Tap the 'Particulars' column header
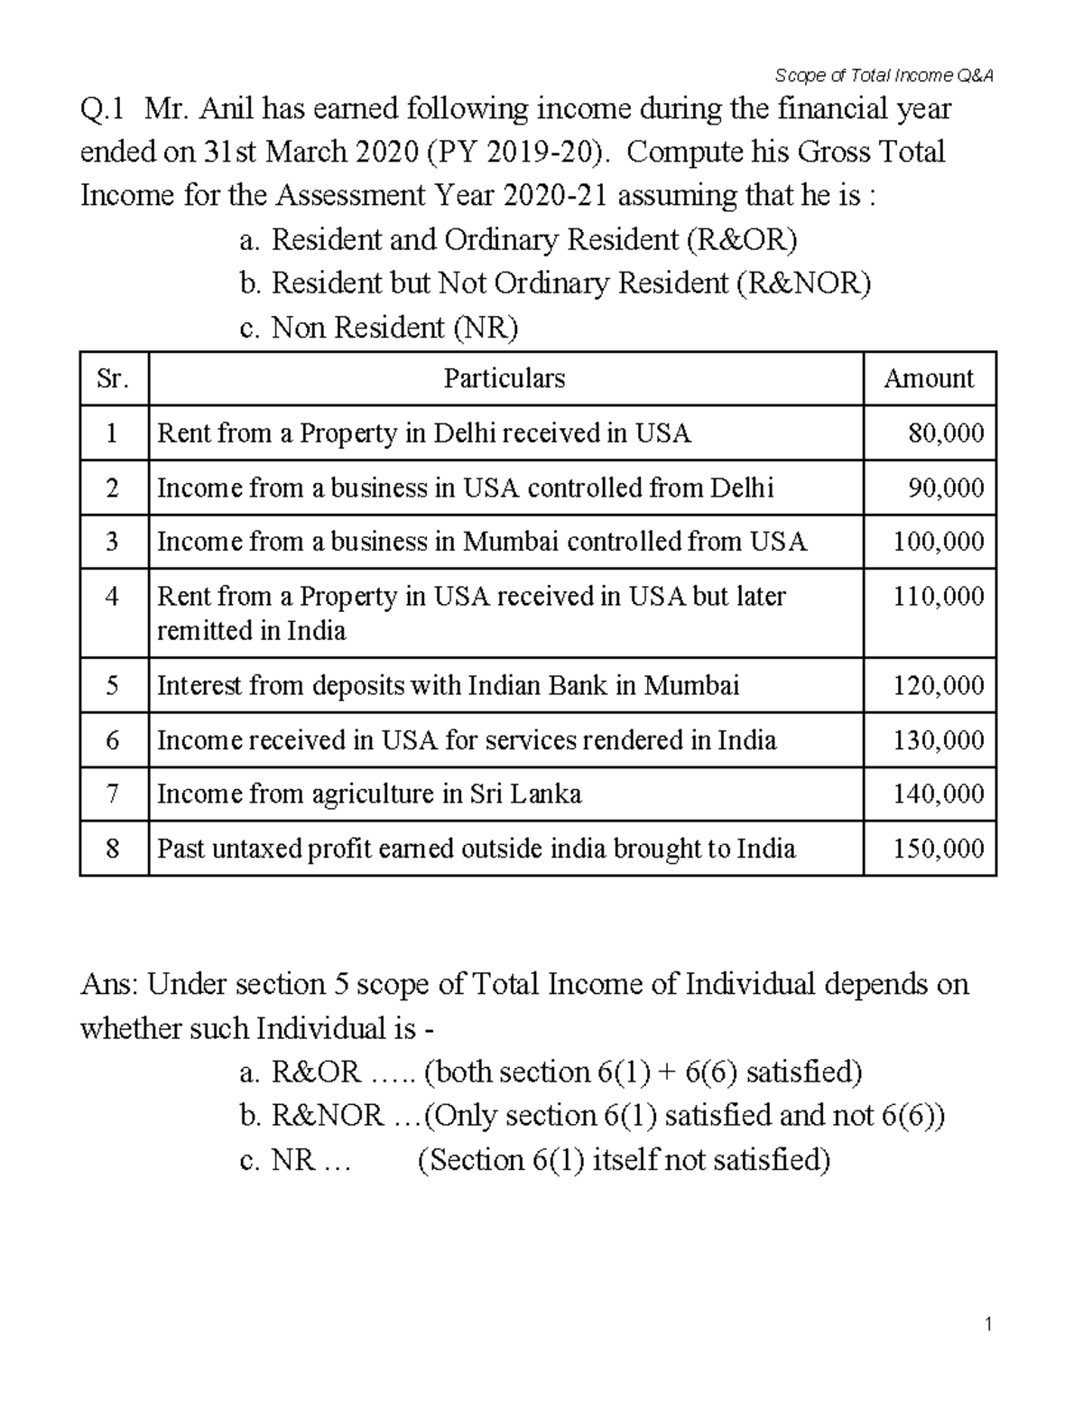click(504, 378)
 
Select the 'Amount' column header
click(929, 378)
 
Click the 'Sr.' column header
click(113, 378)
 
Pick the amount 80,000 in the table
click(946, 433)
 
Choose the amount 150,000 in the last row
click(939, 849)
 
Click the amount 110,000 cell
click(939, 597)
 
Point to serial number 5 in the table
click(112, 685)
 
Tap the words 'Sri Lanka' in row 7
click(525, 794)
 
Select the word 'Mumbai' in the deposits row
click(690, 685)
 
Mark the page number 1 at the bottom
click(989, 1325)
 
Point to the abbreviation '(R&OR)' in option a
click(741, 240)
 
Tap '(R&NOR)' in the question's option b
click(803, 283)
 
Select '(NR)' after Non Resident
click(486, 327)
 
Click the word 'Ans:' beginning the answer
click(109, 983)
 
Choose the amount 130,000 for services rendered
click(939, 740)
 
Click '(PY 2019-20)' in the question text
click(514, 153)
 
